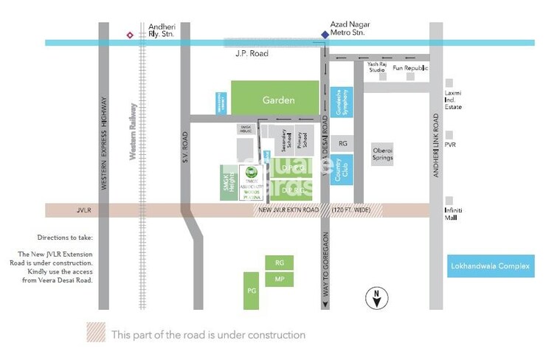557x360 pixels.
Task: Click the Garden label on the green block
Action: [x=278, y=100]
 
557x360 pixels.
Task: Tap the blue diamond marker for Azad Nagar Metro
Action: [x=324, y=34]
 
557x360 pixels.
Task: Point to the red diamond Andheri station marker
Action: [x=131, y=34]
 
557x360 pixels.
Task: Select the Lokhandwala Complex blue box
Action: [x=491, y=266]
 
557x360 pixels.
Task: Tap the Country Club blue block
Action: [x=342, y=169]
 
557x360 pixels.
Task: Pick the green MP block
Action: [x=279, y=280]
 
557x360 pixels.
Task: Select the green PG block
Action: [x=251, y=291]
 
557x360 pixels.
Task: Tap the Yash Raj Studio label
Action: [x=377, y=68]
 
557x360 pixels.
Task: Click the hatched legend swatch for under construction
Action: [x=96, y=334]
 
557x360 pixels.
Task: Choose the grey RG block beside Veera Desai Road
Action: [x=342, y=142]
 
